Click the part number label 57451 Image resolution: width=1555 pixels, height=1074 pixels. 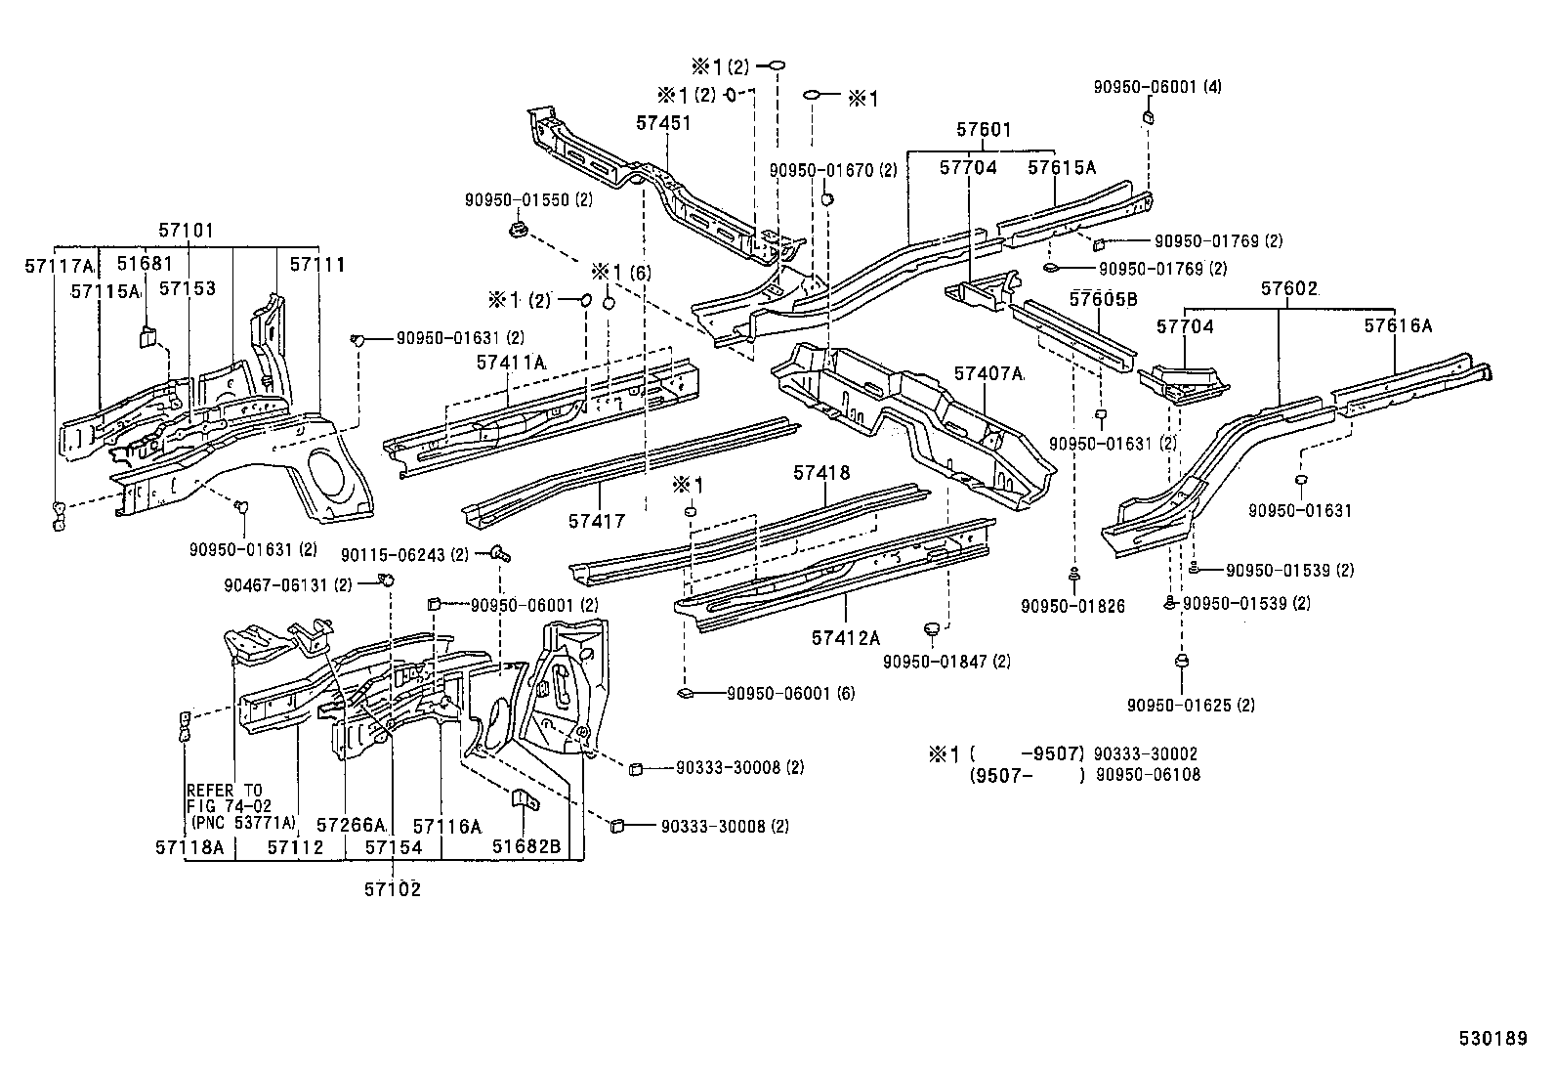tap(663, 123)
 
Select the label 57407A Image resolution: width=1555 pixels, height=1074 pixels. tap(988, 373)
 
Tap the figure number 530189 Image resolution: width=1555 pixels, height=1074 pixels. tap(1492, 1040)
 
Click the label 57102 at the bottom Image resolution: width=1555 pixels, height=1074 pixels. tap(393, 889)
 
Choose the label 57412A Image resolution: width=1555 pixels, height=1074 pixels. tap(845, 638)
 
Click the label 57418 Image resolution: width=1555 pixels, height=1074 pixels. tap(821, 473)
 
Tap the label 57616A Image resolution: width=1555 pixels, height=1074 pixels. tap(1398, 326)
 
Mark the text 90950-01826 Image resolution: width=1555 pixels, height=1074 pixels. tap(1073, 607)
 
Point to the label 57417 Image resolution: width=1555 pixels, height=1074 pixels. tap(596, 522)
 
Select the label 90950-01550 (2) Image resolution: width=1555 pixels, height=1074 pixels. tap(528, 200)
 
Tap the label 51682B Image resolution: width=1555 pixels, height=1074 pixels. tap(526, 847)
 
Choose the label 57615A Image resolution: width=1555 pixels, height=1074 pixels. tap(1062, 167)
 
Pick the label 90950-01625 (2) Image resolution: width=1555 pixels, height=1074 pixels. tap(1191, 705)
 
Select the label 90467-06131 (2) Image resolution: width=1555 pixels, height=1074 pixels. tap(287, 585)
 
